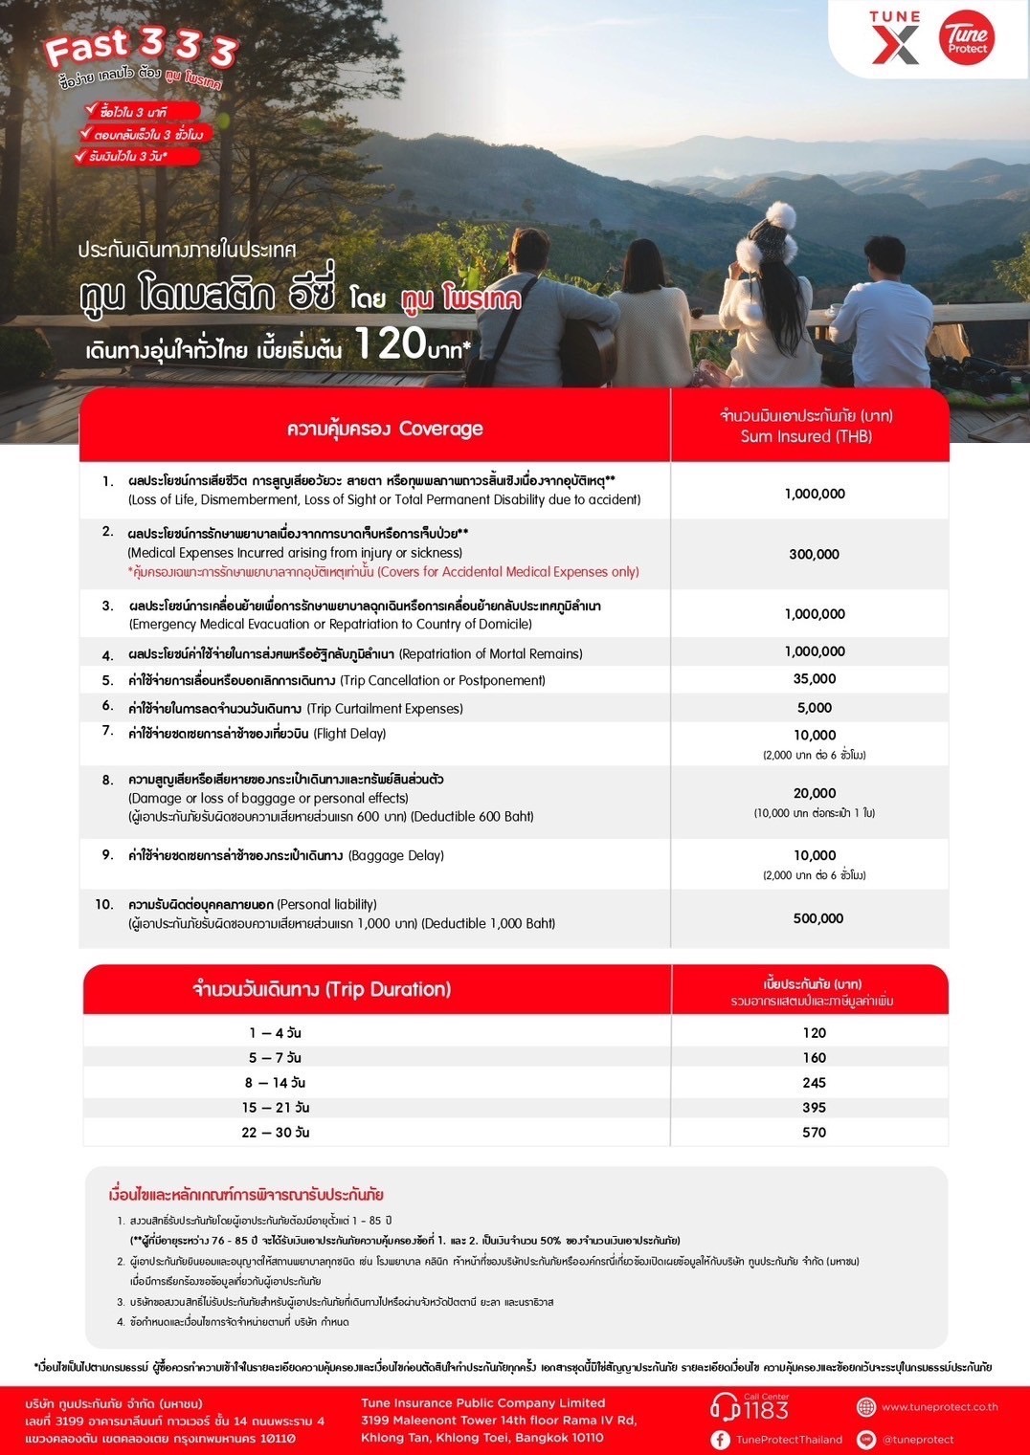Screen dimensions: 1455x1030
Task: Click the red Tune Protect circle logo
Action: (x=966, y=38)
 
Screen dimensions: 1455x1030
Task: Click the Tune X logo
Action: (x=895, y=38)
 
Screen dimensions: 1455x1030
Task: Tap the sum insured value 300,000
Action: (x=815, y=555)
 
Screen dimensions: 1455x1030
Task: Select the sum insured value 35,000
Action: (x=815, y=679)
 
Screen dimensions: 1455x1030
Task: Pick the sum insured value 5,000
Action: (x=815, y=708)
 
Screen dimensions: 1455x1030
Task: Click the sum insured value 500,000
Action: (x=818, y=918)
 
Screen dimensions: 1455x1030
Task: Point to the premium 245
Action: (x=815, y=1083)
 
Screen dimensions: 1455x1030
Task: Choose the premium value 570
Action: (x=815, y=1133)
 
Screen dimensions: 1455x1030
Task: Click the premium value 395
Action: (x=815, y=1108)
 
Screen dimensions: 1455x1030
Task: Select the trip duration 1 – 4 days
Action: (x=276, y=1033)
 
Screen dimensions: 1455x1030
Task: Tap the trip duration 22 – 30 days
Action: (x=276, y=1133)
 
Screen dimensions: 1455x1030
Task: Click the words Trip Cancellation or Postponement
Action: (x=442, y=680)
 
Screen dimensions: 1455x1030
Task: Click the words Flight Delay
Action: (x=349, y=734)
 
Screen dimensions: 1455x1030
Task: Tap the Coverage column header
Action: (x=385, y=429)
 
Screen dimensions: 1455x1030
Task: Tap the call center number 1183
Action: (x=766, y=1411)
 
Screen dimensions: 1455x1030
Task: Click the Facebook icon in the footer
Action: (x=720, y=1440)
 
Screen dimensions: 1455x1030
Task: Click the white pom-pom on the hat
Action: (x=781, y=214)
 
